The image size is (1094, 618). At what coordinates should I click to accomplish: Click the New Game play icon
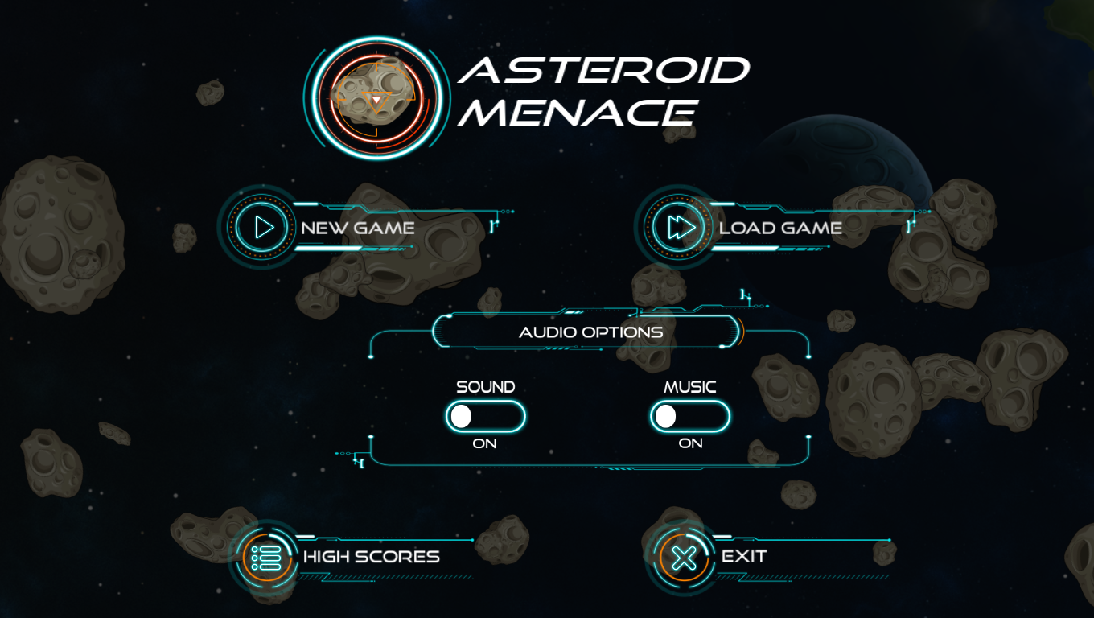coord(261,228)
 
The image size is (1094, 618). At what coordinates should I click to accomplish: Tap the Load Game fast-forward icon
coord(679,228)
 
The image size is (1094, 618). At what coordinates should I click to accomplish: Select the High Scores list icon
coord(266,558)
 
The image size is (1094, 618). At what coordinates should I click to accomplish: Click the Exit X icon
coord(684,558)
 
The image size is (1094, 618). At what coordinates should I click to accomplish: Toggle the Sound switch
coord(486,416)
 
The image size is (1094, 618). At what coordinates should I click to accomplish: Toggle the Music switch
coord(690,416)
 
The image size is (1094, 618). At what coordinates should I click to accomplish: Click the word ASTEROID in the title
coord(603,70)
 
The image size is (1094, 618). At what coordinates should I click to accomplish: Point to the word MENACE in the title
coord(578,113)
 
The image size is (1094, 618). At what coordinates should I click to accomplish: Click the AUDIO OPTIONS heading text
coord(590,332)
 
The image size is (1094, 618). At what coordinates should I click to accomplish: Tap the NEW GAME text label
coord(357,228)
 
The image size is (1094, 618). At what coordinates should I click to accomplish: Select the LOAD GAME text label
coord(780,228)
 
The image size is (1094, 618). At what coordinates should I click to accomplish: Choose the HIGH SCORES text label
coord(371,557)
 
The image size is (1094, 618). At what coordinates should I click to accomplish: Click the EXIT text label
coord(744,557)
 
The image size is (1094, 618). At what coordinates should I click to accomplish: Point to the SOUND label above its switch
coord(486,387)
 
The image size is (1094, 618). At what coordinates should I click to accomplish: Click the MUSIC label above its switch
coord(689,387)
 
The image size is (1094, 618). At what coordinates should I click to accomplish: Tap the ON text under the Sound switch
coord(484,443)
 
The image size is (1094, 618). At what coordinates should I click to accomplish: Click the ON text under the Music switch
coord(690,443)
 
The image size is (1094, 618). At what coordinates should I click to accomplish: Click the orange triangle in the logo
coord(376,100)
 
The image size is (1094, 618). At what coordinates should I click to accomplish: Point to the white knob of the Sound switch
coord(461,417)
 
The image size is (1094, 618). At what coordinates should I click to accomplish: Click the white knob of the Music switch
coord(666,417)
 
